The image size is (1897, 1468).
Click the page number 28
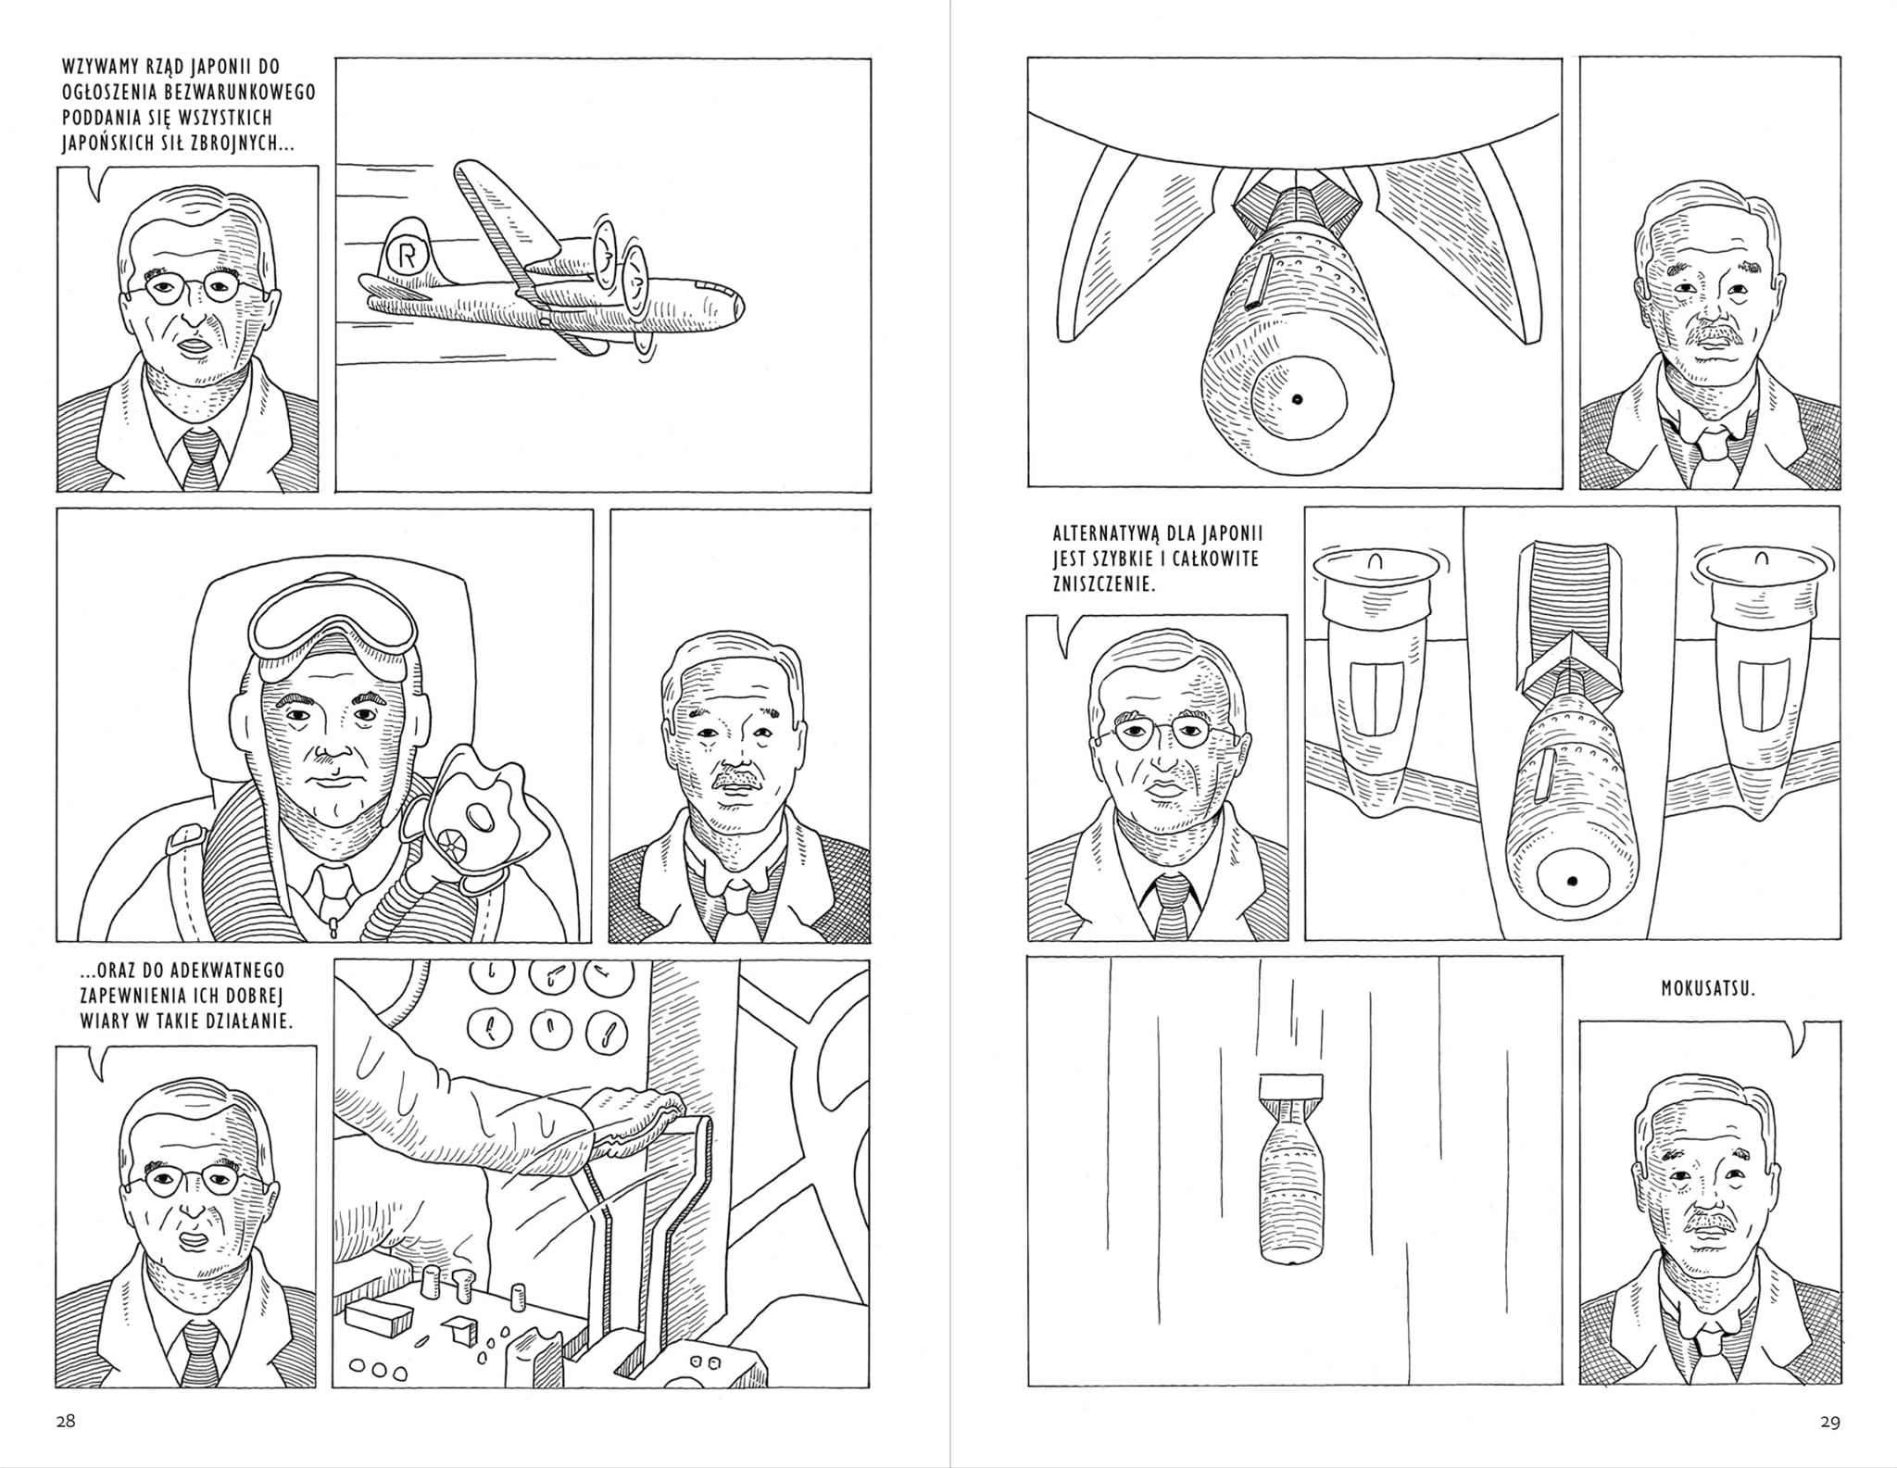(x=65, y=1421)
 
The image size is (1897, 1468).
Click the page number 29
(x=1830, y=1422)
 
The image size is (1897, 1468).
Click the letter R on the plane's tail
(x=405, y=255)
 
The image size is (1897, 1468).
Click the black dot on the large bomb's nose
(x=1298, y=400)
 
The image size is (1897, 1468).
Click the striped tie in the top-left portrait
(x=201, y=459)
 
